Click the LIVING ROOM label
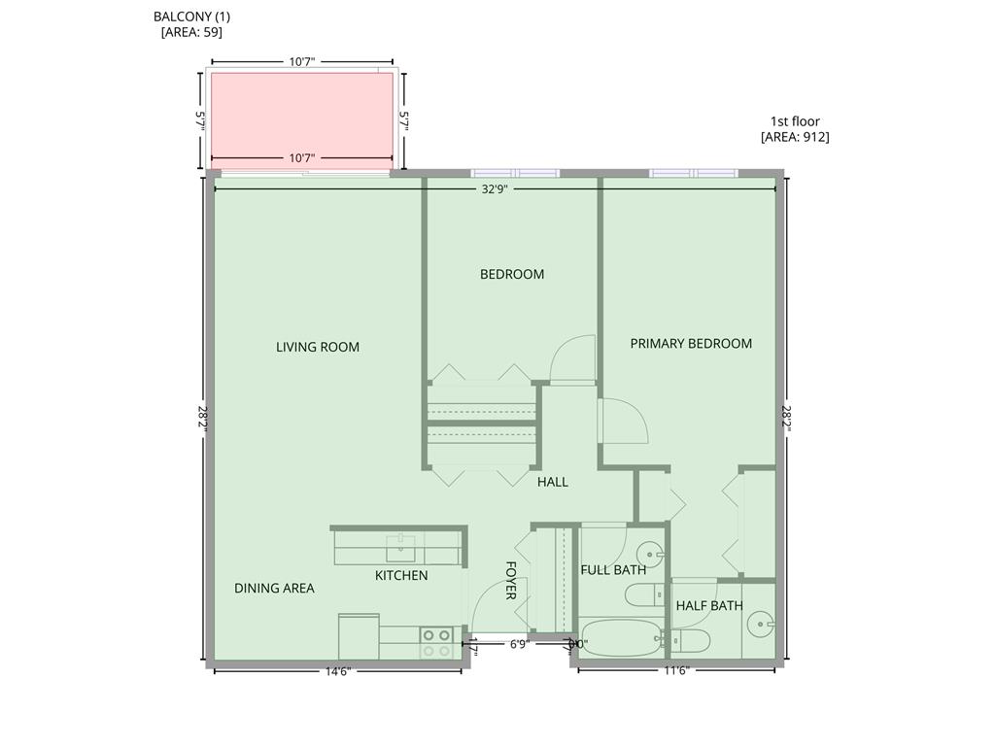[318, 347]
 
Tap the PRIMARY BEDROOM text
[691, 343]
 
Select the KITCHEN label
[401, 575]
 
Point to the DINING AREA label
[274, 588]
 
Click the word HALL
[553, 482]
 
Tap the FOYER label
[511, 580]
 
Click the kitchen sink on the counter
[400, 549]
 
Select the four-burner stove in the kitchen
[435, 643]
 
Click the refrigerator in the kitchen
[359, 636]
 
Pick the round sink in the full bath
[650, 556]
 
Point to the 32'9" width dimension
[495, 189]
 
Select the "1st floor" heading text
[795, 121]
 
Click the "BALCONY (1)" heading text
[192, 17]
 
